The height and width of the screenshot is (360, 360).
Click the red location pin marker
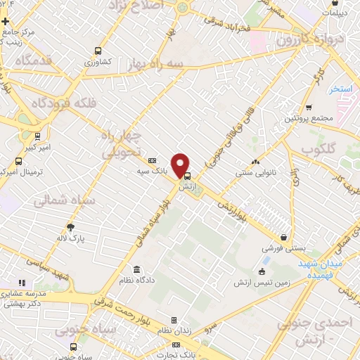pos(182,165)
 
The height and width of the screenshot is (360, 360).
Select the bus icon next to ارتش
pos(187,177)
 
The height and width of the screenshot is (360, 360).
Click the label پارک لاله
pos(70,238)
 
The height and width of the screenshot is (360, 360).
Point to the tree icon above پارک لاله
pos(70,227)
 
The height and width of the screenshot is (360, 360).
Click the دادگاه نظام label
pos(136,281)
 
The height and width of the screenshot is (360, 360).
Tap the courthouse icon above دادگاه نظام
pos(136,270)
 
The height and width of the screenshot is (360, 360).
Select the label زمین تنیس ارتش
pos(262,283)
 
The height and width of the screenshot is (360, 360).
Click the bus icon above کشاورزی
pos(98,51)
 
